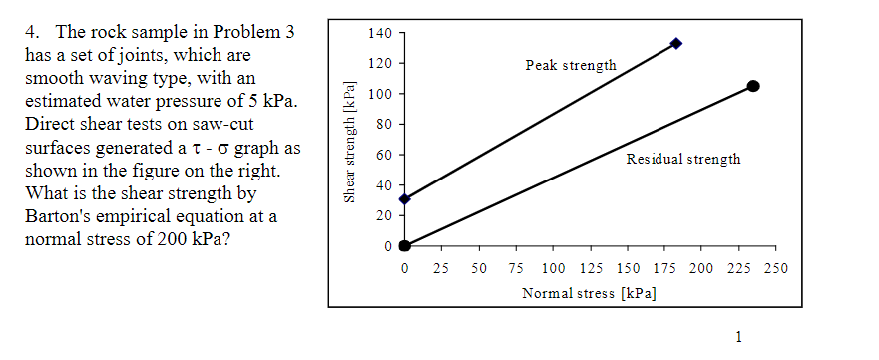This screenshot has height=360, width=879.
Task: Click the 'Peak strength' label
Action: (x=570, y=65)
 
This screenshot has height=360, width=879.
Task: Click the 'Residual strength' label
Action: (x=682, y=160)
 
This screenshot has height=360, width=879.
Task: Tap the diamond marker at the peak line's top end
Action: (x=676, y=43)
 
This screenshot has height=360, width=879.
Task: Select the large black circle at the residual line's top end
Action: (x=753, y=86)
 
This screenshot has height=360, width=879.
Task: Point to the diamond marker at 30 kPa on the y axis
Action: (x=404, y=199)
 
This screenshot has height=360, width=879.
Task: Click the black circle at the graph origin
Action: (x=404, y=245)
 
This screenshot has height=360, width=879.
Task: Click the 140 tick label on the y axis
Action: (x=378, y=33)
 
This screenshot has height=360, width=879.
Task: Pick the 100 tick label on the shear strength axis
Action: (x=378, y=95)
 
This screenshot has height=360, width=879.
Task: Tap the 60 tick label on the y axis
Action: (x=382, y=156)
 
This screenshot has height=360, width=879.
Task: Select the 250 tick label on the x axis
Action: (x=775, y=269)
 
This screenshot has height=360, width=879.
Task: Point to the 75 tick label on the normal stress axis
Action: (x=515, y=269)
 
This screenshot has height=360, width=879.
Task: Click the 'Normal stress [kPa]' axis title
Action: (x=589, y=293)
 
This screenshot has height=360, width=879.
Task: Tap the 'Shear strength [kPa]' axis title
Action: (x=349, y=141)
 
